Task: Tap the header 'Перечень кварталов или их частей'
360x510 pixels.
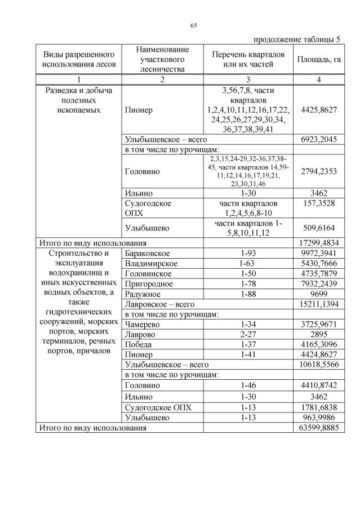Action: (248, 60)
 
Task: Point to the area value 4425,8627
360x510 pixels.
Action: (318, 110)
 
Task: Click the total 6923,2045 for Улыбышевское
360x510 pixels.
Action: (318, 139)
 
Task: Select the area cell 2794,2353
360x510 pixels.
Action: (318, 171)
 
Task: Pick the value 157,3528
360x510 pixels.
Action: (318, 203)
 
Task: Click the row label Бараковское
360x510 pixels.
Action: (148, 253)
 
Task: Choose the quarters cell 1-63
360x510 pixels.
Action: (248, 263)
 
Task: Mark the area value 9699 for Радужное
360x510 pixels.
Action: (318, 294)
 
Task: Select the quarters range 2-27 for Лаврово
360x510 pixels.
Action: (248, 335)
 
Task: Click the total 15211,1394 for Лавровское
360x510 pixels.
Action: (318, 304)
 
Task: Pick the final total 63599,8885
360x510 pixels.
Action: (318, 428)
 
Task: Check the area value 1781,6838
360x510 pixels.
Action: (318, 407)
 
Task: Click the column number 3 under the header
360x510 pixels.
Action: (248, 79)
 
